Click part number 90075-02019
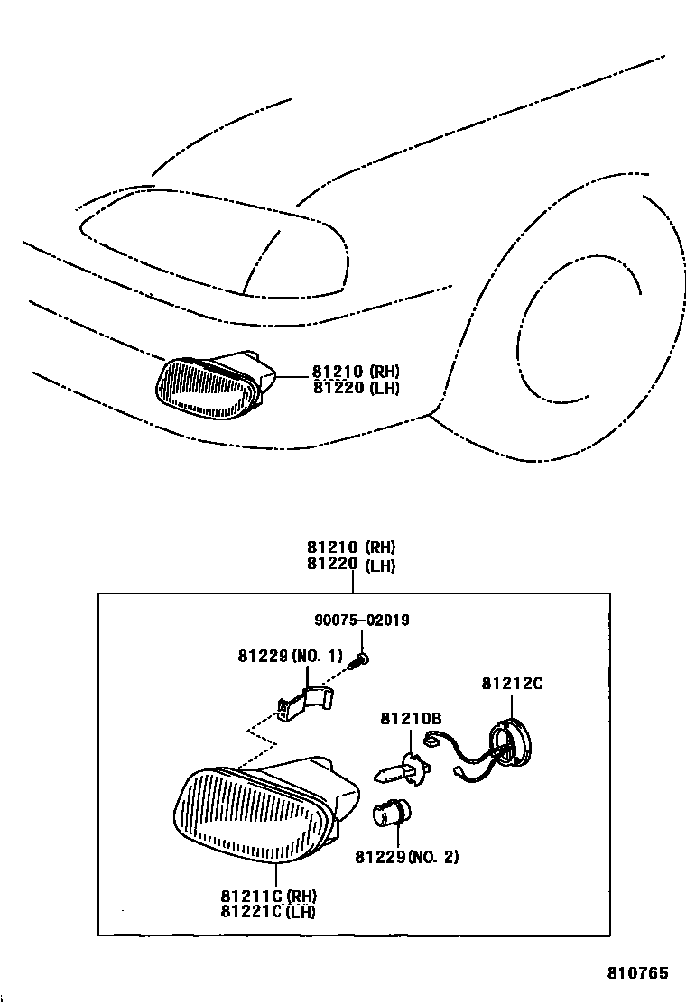pos(361,620)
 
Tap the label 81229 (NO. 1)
pos(291,656)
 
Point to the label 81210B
pos(410,718)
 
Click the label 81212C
pos(512,683)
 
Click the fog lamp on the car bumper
pos(209,387)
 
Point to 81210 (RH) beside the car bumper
pos(356,372)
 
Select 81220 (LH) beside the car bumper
pos(356,388)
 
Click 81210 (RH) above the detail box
pos(351,548)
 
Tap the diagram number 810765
pos(636,973)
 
